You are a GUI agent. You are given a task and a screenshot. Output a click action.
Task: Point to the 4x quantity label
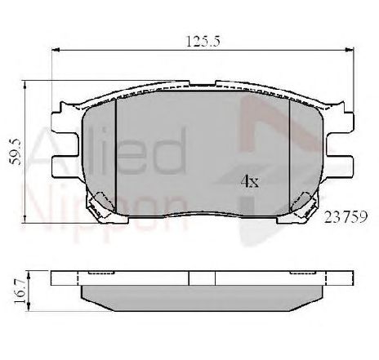(x=248, y=180)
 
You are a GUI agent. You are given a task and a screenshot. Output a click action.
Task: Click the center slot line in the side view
(x=189, y=278)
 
